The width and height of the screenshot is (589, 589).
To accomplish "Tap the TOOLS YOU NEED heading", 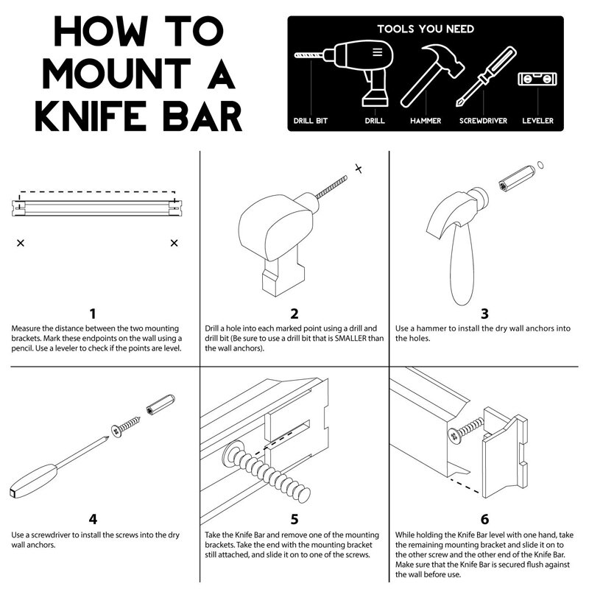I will pyautogui.click(x=426, y=29).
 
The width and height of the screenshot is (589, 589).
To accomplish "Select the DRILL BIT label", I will pyautogui.click(x=311, y=120).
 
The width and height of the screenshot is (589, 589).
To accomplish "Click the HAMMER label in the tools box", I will pyautogui.click(x=426, y=120).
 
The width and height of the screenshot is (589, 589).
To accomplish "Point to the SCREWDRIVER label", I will pyautogui.click(x=483, y=120).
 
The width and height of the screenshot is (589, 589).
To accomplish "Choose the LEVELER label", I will pyautogui.click(x=537, y=120).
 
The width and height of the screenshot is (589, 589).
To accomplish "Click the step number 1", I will pyautogui.click(x=93, y=314).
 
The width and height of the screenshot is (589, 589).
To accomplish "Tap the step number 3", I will pyautogui.click(x=484, y=314).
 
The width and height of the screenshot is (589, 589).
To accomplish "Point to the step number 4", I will pyautogui.click(x=93, y=519).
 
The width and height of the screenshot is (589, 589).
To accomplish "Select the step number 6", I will pyautogui.click(x=484, y=519).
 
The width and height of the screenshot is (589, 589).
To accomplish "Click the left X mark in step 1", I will pyautogui.click(x=20, y=242).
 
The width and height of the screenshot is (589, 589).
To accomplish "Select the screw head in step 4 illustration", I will pyautogui.click(x=118, y=428).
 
